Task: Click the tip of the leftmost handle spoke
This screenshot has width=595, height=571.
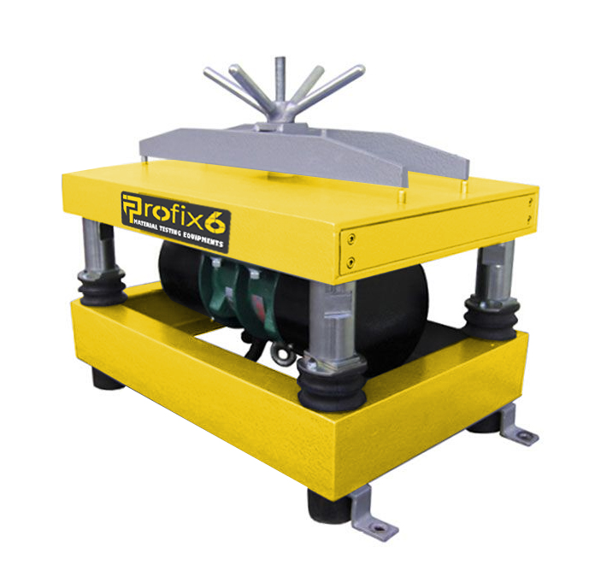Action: pyautogui.click(x=209, y=71)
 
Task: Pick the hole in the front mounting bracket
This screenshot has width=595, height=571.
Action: pyautogui.click(x=378, y=527)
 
